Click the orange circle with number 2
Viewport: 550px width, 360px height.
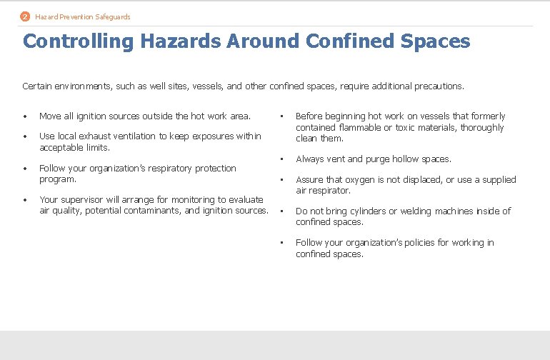coord(26,16)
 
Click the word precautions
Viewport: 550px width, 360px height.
coord(436,86)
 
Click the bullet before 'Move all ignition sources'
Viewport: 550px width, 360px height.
coord(25,116)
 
